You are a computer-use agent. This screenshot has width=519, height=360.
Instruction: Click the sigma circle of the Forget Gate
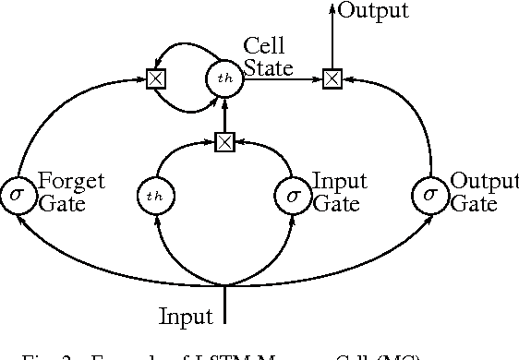point(18,195)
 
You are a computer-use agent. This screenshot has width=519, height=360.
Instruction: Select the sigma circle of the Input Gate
point(294,195)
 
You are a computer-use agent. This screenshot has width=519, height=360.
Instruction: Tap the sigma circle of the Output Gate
point(430,195)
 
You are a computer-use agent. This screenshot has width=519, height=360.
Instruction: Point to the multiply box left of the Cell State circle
point(156,80)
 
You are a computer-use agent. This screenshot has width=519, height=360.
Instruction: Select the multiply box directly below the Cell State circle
point(224,141)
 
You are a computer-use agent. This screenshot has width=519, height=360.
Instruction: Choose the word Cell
point(262,45)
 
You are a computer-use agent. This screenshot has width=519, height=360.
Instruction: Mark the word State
point(267,67)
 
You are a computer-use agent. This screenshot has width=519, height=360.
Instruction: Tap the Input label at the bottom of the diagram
point(186,316)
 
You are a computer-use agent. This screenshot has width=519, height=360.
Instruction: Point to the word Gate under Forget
point(62,204)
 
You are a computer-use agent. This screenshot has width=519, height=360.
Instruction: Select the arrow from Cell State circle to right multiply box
point(281,80)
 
